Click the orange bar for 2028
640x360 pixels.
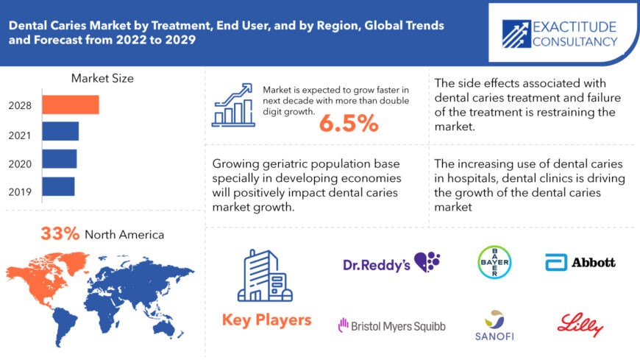click(70, 105)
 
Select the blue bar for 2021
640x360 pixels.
click(60, 131)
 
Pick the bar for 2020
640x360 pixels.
click(59, 158)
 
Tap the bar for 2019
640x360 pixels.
click(58, 186)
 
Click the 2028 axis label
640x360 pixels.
click(20, 105)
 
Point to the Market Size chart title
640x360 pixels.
click(102, 78)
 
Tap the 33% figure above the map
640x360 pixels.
click(60, 234)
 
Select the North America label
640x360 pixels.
click(124, 235)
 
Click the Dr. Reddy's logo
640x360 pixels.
click(391, 264)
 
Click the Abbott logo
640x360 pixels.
click(580, 262)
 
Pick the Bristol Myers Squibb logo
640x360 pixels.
click(391, 324)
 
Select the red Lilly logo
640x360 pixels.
click(580, 325)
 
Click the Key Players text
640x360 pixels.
click(266, 320)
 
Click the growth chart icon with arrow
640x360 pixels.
click(233, 104)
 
